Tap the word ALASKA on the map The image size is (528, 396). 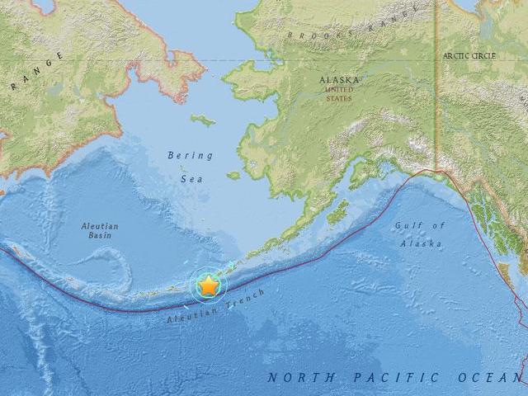pyautogui.click(x=338, y=81)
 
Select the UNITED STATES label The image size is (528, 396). pyautogui.click(x=338, y=93)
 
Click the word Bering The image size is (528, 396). pyautogui.click(x=190, y=155)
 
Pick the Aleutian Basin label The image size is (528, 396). pyautogui.click(x=101, y=232)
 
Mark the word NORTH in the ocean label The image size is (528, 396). pyautogui.click(x=300, y=377)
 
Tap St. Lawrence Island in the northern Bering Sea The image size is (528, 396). pyautogui.click(x=203, y=120)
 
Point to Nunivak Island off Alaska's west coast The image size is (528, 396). pyautogui.click(x=233, y=175)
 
